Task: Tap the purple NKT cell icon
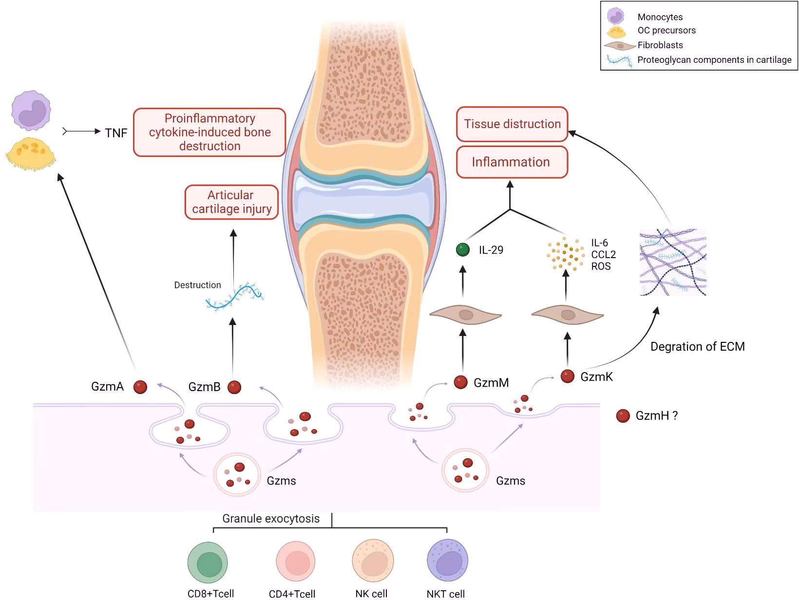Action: [447, 561]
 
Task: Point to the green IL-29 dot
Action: [462, 250]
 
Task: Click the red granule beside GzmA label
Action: [140, 387]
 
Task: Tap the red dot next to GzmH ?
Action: [623, 416]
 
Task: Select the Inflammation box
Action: [512, 162]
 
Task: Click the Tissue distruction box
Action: [512, 124]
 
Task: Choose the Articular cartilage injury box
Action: [231, 202]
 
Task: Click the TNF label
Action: [116, 133]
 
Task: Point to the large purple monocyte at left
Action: [31, 111]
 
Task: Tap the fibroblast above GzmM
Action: [465, 316]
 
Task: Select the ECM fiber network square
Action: [673, 262]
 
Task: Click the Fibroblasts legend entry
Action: [660, 45]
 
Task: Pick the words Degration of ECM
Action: [697, 347]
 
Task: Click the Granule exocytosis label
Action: [271, 519]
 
